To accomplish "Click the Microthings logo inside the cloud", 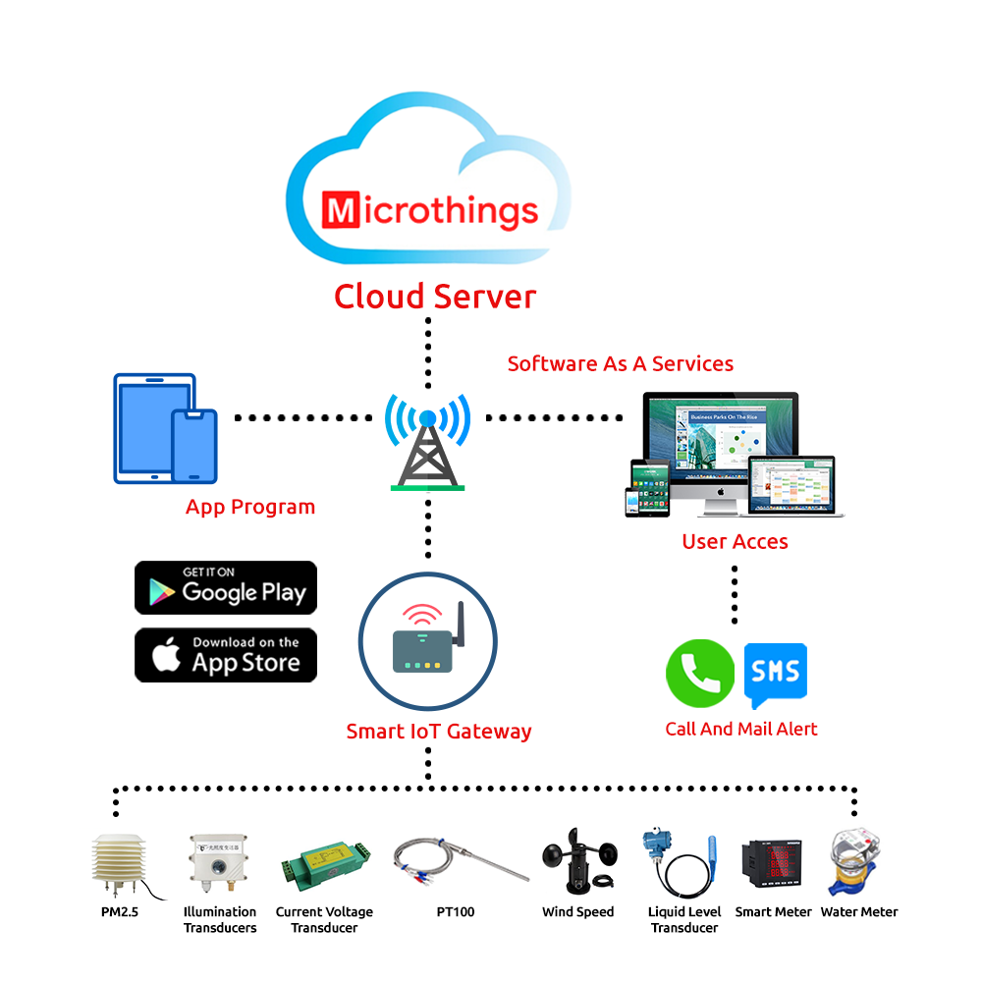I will [x=430, y=210].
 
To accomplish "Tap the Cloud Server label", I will [x=435, y=296].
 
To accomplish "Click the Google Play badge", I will [x=226, y=588].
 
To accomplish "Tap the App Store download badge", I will [x=226, y=655].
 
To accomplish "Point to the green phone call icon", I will [x=699, y=674].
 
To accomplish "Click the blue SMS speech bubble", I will [x=776, y=674].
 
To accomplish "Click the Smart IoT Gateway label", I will [x=439, y=731].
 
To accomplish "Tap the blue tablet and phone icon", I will [x=165, y=428].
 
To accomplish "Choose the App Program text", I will [x=250, y=508].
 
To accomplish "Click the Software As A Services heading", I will [x=620, y=363].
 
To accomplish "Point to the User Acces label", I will [x=735, y=541].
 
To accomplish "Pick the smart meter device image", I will [x=773, y=865].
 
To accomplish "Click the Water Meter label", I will [x=859, y=912].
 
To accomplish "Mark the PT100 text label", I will [x=456, y=912].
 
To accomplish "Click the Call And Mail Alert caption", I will [x=741, y=729].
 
